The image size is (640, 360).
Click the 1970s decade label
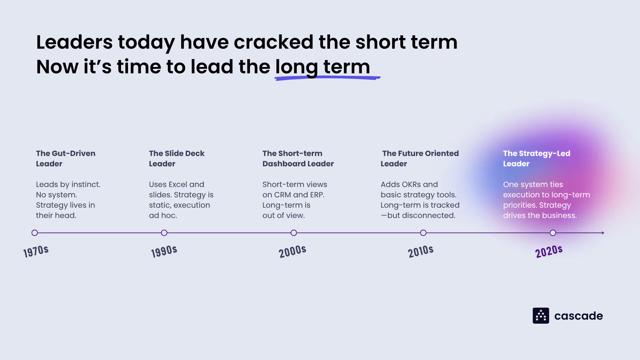click(x=36, y=251)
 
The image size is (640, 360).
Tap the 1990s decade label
click(x=164, y=251)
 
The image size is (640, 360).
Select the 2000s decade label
click(x=292, y=251)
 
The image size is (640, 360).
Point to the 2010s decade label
click(x=421, y=251)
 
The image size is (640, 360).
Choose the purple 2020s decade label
click(x=549, y=251)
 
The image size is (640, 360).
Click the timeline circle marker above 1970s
click(x=35, y=233)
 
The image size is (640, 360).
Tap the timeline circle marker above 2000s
click(x=294, y=233)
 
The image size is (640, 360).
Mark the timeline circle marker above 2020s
click(x=553, y=233)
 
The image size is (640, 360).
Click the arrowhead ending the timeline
click(x=603, y=233)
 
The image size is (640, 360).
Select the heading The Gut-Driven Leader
click(x=66, y=158)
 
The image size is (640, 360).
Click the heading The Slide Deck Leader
click(x=177, y=158)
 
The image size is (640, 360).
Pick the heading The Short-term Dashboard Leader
click(x=298, y=158)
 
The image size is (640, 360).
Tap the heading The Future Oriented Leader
click(x=420, y=158)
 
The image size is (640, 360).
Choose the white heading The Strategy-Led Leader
click(x=536, y=158)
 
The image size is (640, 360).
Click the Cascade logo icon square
click(x=541, y=316)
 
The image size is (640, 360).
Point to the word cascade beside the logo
click(x=578, y=316)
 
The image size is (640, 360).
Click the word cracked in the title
click(x=273, y=42)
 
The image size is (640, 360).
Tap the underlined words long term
click(x=323, y=67)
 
